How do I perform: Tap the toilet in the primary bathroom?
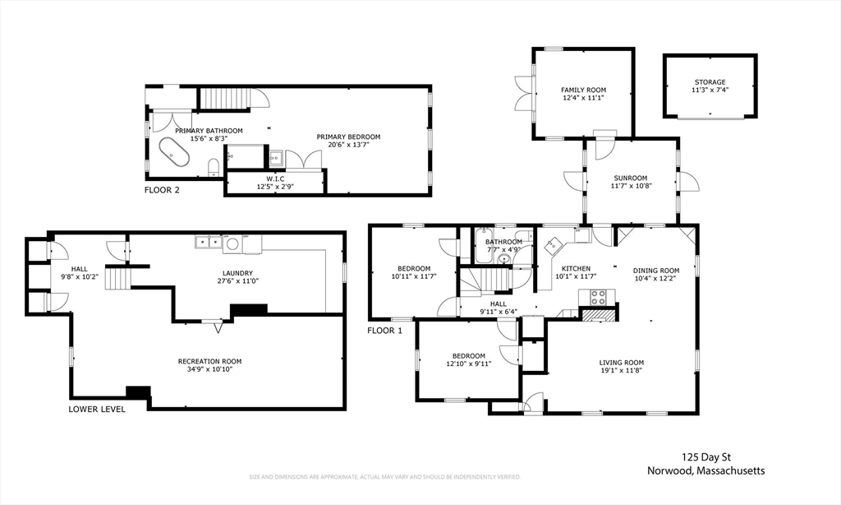(214, 167)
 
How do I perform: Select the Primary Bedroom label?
(348, 137)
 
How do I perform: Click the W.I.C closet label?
(275, 179)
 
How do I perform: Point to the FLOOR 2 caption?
(162, 190)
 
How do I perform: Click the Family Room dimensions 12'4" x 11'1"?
(584, 99)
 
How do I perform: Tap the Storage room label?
(710, 82)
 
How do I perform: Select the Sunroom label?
(630, 178)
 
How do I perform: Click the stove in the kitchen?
(598, 297)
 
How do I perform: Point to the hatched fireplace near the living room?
(597, 315)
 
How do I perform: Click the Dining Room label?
(656, 271)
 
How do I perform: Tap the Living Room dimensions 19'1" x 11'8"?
(621, 370)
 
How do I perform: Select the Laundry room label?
(235, 273)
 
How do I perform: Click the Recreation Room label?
(209, 362)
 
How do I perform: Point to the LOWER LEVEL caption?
(97, 410)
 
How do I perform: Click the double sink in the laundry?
(208, 243)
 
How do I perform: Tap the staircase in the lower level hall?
(117, 279)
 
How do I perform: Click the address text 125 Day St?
(705, 458)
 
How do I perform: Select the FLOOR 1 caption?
(384, 331)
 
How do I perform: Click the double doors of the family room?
(524, 94)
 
